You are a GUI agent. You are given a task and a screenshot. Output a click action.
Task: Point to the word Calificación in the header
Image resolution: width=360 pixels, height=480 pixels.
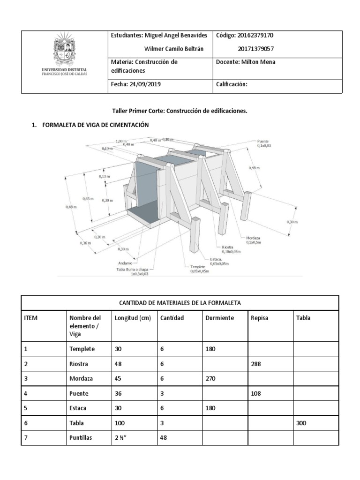(232, 85)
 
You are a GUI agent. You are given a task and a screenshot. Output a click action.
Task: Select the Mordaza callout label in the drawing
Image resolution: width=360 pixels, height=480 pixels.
(253, 238)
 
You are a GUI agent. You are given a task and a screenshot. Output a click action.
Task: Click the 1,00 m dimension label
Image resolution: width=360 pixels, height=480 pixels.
(121, 140)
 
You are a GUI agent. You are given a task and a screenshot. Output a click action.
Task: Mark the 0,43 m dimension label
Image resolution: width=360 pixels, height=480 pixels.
(88, 199)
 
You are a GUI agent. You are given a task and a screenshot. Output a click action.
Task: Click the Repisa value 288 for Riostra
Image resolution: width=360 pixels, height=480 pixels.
(256, 363)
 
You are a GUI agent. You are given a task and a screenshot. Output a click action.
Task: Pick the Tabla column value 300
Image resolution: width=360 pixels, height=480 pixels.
(301, 423)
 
